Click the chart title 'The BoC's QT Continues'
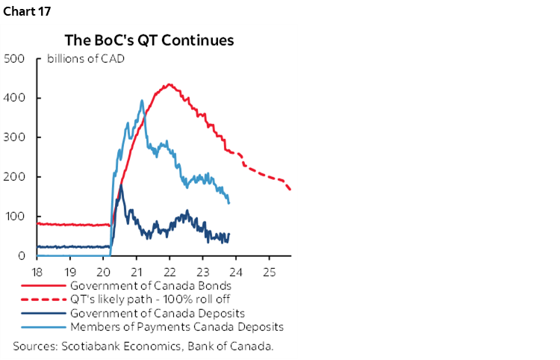(149, 40)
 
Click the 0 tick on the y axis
(22, 256)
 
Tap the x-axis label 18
(37, 270)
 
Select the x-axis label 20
(103, 270)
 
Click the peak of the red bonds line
(169, 84)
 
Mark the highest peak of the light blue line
(142, 101)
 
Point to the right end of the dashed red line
(290, 190)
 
